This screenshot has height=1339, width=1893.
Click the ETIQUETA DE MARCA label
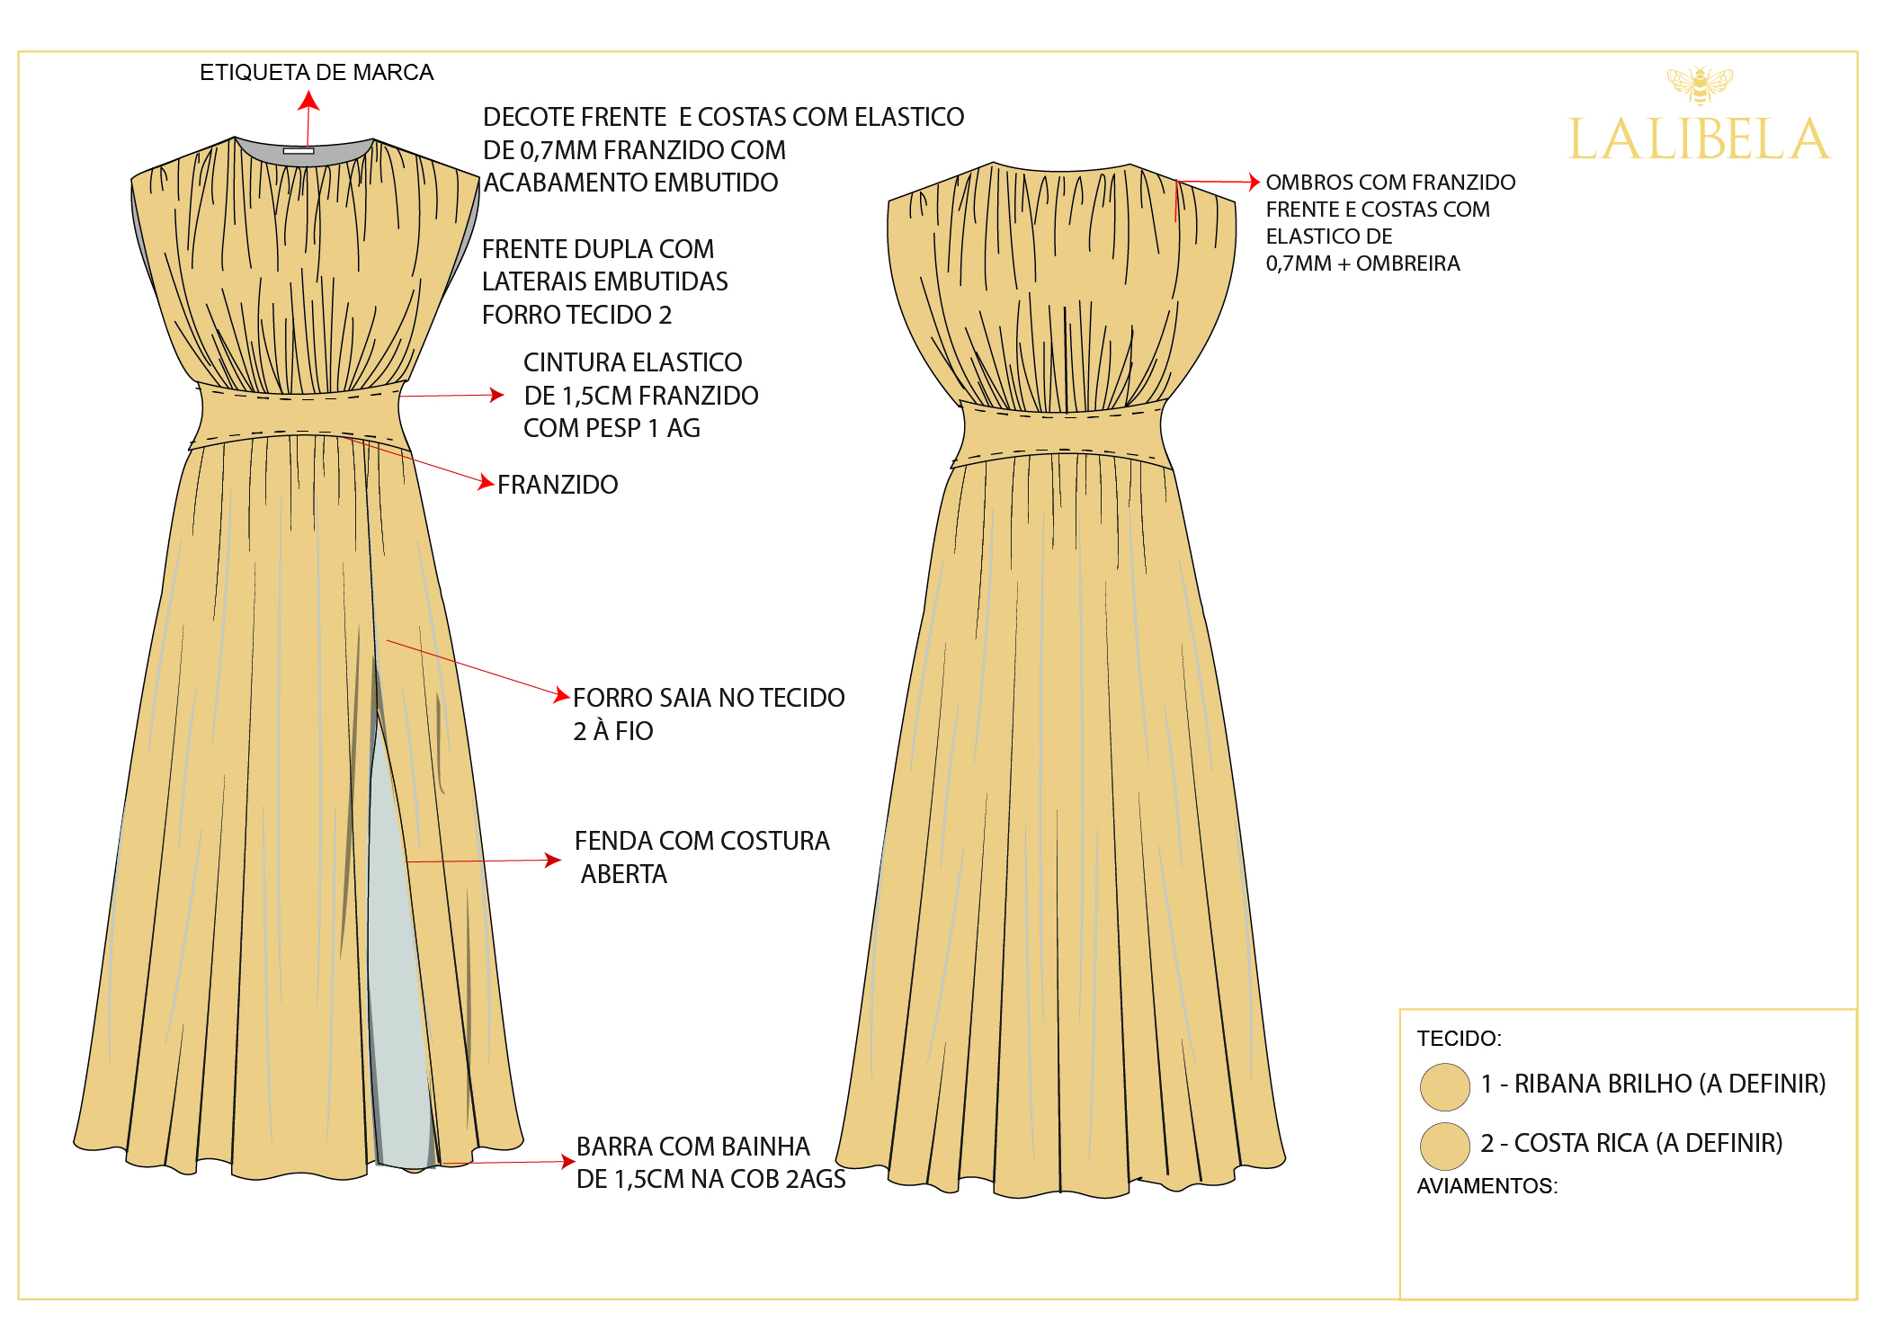click(x=317, y=72)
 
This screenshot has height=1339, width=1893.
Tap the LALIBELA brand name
click(x=1699, y=139)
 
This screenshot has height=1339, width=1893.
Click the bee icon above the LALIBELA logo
click(x=1699, y=85)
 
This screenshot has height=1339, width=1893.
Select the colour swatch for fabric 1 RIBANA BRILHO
click(x=1444, y=1086)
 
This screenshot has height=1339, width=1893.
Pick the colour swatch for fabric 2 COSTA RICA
click(x=1444, y=1146)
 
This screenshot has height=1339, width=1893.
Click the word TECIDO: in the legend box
click(x=1459, y=1039)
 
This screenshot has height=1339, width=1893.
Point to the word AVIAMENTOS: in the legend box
click(x=1487, y=1186)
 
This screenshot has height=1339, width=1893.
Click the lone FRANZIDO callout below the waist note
click(x=558, y=485)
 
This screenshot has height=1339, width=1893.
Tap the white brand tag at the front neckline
click(x=299, y=151)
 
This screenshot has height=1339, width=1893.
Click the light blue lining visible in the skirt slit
click(x=396, y=971)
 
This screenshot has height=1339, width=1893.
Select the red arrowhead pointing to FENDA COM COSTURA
click(x=553, y=860)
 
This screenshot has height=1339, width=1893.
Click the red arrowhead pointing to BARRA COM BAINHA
click(x=567, y=1161)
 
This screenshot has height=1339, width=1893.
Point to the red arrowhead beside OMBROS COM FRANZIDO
click(x=1255, y=182)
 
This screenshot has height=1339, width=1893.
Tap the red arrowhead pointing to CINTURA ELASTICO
click(x=496, y=394)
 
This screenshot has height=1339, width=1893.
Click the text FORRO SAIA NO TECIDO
click(x=709, y=698)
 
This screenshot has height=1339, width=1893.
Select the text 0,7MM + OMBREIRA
click(x=1362, y=263)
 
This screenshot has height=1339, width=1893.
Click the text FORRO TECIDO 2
click(x=576, y=315)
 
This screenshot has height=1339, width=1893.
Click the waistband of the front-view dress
click(x=299, y=415)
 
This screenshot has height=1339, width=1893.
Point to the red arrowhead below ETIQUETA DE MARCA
click(x=308, y=101)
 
